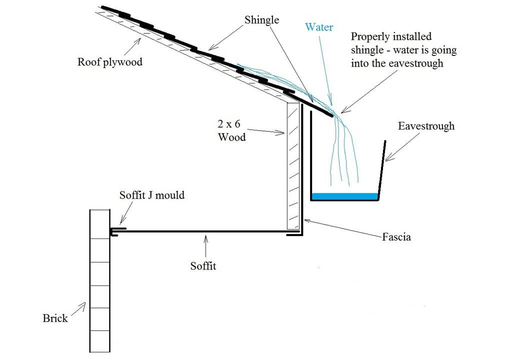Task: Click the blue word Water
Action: (318, 27)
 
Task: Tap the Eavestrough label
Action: (426, 126)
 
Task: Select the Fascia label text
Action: (396, 236)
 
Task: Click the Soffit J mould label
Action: (152, 195)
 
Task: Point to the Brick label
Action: (55, 318)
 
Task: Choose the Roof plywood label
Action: (109, 62)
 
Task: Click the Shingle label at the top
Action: (262, 20)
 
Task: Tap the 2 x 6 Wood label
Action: (232, 130)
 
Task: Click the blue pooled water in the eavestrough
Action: (344, 196)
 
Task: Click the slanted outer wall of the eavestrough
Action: (381, 170)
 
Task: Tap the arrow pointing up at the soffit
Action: (205, 246)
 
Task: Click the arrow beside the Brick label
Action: (78, 309)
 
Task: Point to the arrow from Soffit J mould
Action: (126, 213)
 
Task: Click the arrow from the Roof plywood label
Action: (132, 46)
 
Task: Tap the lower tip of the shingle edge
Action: (333, 115)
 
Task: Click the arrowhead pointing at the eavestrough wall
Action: (388, 157)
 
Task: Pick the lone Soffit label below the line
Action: (203, 266)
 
